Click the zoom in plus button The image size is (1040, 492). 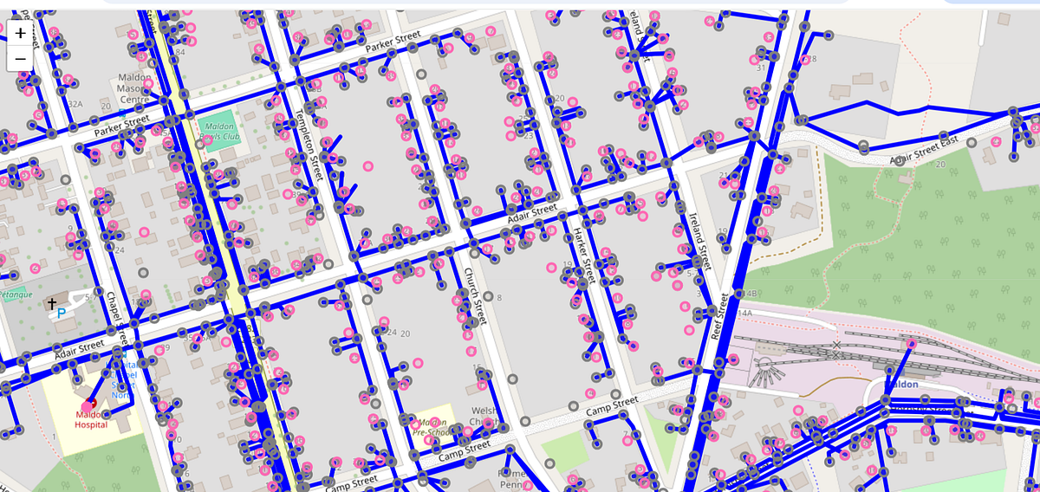20,33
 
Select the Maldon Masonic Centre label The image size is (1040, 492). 135,89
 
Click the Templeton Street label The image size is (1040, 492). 309,145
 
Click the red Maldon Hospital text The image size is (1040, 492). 91,419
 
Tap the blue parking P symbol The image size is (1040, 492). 62,314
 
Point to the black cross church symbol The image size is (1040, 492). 53,304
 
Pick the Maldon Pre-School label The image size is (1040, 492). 430,425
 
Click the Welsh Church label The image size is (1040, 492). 482,417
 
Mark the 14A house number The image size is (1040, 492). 745,313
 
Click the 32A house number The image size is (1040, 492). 75,104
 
